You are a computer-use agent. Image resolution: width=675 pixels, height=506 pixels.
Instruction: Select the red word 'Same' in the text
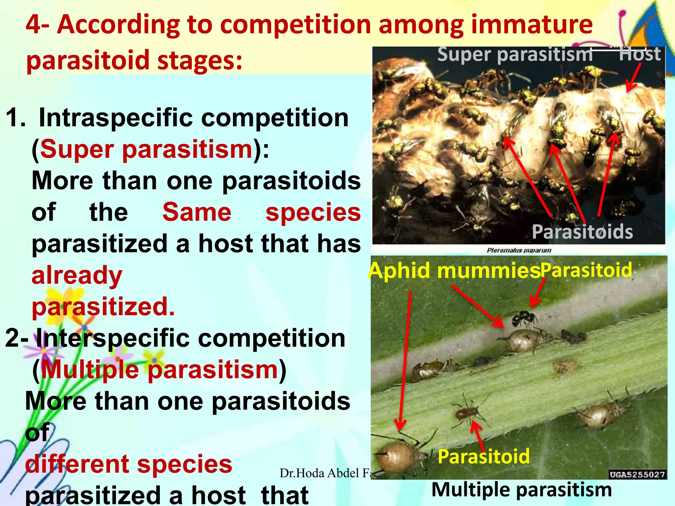point(197,212)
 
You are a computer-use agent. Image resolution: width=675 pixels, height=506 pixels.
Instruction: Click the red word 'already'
point(77,275)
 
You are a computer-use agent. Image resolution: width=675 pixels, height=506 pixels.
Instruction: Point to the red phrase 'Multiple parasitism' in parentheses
point(160,370)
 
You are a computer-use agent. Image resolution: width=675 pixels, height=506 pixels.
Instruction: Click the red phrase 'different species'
point(129,464)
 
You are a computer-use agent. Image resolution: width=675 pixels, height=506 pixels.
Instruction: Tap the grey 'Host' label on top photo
point(639,54)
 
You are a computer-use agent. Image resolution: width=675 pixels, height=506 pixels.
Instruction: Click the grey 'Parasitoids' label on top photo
point(582,232)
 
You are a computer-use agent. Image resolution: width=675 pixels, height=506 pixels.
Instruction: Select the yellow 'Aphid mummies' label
point(454,271)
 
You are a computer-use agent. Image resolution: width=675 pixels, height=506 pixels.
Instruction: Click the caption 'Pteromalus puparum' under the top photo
point(519,250)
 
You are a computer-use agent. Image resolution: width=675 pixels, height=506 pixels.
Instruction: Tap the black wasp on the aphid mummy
point(524,318)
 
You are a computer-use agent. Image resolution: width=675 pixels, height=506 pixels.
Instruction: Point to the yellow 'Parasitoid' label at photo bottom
point(484,457)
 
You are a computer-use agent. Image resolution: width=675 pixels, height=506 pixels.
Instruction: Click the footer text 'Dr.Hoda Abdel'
point(320,473)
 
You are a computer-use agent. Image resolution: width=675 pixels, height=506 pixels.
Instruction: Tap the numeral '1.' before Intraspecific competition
point(15,118)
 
